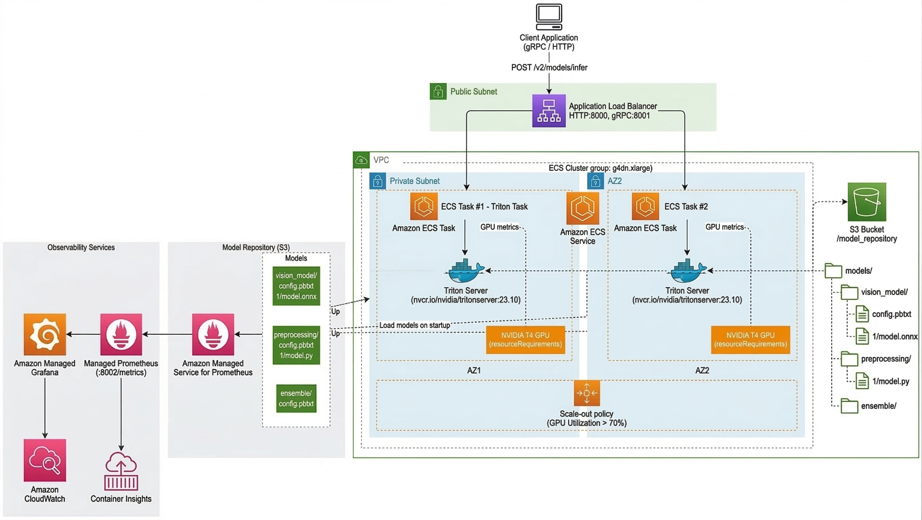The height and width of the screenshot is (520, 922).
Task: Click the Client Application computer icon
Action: coord(549,17)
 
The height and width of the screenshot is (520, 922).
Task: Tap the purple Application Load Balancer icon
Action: coord(549,111)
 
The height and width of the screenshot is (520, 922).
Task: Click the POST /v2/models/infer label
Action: coord(549,68)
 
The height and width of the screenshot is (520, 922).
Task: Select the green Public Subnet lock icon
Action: coord(438,92)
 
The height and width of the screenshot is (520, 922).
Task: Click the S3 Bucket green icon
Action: coord(867,202)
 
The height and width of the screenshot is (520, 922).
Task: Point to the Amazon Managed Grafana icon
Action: coord(45,334)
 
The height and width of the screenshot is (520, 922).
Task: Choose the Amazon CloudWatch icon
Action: coord(45,460)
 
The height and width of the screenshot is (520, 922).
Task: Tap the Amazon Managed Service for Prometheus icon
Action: coord(213,334)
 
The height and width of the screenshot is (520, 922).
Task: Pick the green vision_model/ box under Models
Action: coord(296,286)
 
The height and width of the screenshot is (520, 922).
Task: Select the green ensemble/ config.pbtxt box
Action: coord(296,399)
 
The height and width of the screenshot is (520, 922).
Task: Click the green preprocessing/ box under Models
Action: coord(296,345)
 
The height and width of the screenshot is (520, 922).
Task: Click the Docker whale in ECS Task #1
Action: coord(465,271)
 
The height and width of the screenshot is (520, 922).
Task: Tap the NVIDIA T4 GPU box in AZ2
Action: coord(750,340)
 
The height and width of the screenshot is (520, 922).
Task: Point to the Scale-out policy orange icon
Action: coord(586,393)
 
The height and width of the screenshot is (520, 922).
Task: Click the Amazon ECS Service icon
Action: coord(582,208)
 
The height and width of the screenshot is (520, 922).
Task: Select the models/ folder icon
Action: coord(833,271)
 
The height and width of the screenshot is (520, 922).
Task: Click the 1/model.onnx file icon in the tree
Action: coord(862,337)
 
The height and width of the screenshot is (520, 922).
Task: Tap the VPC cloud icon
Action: coord(361,160)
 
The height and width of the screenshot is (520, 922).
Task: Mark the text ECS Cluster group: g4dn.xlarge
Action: coord(600,168)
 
